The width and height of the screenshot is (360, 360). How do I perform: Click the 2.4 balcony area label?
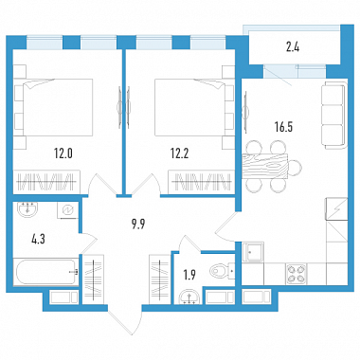(293, 47)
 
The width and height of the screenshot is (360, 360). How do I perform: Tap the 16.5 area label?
(283, 127)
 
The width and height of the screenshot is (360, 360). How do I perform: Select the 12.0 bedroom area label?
(63, 153)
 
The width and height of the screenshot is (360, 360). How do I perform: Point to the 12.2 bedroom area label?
(180, 153)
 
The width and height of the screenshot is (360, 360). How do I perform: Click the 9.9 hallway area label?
(138, 225)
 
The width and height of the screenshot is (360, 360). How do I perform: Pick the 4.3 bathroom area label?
(39, 239)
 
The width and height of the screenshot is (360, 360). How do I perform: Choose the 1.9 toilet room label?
(189, 276)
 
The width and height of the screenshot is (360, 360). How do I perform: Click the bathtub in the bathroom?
(46, 272)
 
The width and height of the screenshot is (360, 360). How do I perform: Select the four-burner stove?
(297, 273)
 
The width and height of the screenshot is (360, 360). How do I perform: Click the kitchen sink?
(253, 252)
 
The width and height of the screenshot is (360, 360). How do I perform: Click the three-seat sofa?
(334, 115)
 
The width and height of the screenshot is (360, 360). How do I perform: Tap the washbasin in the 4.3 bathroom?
(27, 210)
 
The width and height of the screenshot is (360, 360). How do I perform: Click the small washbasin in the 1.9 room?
(189, 297)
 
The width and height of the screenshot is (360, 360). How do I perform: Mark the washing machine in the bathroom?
(67, 210)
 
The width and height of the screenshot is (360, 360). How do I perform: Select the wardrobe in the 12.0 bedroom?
(47, 183)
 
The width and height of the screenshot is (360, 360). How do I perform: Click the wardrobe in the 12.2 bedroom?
(202, 182)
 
